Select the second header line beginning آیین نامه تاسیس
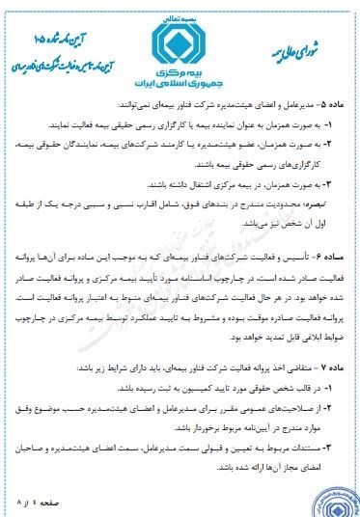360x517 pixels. click(68, 47)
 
